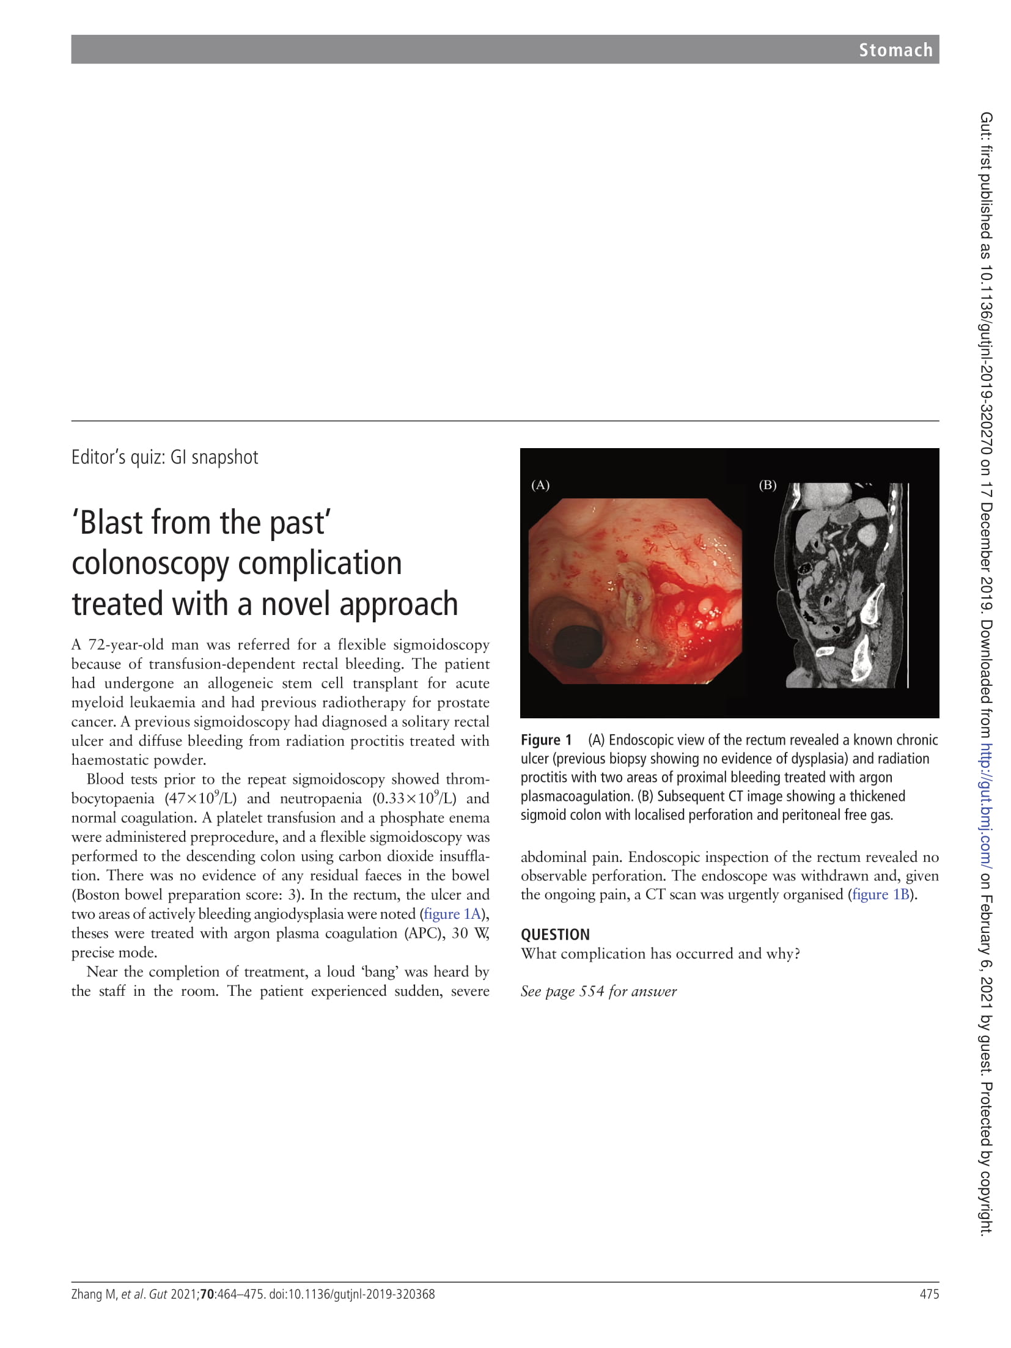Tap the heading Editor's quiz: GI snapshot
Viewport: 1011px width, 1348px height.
pos(164,457)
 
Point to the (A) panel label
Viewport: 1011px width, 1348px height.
pos(540,485)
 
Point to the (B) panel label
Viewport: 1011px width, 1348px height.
pos(767,485)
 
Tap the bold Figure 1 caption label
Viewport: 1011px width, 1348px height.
pos(546,740)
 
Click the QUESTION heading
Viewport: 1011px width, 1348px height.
pos(555,935)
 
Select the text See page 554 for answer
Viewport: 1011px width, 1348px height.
pos(598,992)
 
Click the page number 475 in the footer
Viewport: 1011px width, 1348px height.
pos(929,1294)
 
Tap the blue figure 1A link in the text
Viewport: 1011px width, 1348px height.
pos(452,914)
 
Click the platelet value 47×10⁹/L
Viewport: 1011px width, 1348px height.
pos(200,798)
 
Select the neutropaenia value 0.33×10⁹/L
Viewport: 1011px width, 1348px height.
pos(414,798)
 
